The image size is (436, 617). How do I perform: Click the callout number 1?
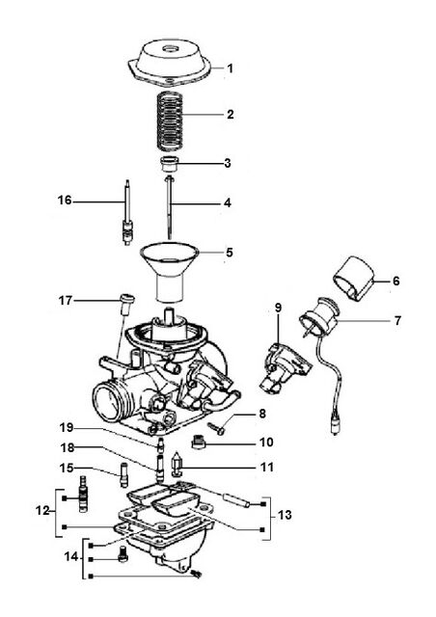231,68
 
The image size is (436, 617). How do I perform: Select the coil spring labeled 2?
171,121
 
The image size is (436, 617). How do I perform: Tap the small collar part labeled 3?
170,164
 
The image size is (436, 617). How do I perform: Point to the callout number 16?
65,201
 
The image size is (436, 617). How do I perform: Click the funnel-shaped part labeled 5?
170,272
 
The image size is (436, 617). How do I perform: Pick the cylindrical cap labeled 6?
353,279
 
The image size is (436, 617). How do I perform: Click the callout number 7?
397,321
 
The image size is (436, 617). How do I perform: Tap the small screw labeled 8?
216,428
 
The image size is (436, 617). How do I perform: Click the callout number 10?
266,443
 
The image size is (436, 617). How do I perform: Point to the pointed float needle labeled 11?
177,463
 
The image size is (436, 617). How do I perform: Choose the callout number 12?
42,511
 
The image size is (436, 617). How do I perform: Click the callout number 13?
285,515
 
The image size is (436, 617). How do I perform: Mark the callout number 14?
71,557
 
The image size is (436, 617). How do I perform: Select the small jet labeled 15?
124,474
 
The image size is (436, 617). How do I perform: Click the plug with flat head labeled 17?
126,305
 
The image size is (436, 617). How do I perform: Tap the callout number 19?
67,427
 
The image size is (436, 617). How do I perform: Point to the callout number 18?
68,447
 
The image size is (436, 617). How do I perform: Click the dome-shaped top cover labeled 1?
170,63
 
